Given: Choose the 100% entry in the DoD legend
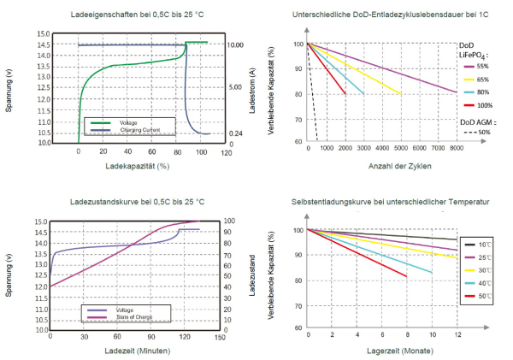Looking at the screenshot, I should coord(482,104).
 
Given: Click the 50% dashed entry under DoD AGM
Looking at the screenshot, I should coord(482,133).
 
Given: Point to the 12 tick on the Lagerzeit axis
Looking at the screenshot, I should coord(457,335).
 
